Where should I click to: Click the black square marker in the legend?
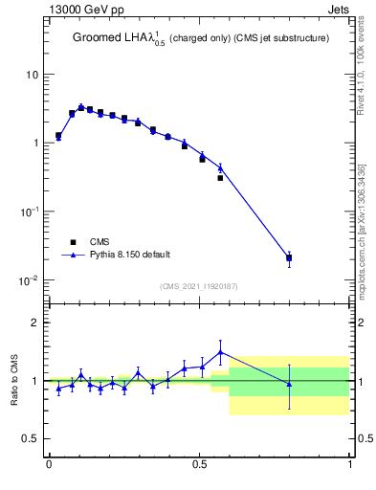73,242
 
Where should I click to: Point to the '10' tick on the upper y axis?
32,75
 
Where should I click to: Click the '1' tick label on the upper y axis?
34,143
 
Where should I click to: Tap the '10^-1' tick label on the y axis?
29,211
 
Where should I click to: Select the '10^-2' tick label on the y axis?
29,279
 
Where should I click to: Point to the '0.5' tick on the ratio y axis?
31,438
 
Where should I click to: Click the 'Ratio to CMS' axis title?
14,380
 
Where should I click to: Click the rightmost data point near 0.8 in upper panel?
289,257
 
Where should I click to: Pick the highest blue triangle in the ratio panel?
221,352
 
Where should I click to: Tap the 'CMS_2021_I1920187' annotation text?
198,286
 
